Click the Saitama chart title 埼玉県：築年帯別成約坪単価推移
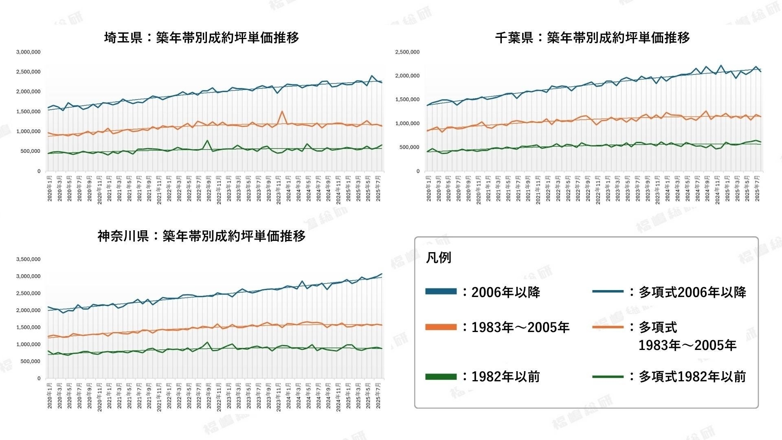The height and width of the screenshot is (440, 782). coord(202,37)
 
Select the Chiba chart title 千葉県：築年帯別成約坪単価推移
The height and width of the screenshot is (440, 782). coord(593,37)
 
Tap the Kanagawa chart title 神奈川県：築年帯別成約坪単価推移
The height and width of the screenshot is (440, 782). coord(202,236)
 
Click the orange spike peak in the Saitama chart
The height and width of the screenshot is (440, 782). coord(282,111)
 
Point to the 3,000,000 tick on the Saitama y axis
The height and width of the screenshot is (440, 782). coord(28,52)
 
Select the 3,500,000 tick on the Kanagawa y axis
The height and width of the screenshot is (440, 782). coord(28,259)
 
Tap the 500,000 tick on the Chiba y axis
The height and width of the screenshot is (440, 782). coord(409,147)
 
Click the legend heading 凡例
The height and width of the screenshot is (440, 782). coord(438,258)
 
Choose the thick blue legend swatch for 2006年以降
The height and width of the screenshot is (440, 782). coord(441,291)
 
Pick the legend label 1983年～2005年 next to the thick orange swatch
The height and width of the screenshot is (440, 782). coord(520,327)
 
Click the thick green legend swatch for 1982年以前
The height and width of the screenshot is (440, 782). coord(441,377)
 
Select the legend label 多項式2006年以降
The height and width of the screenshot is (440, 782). coord(692,292)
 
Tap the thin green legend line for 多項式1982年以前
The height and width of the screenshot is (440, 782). coord(608,377)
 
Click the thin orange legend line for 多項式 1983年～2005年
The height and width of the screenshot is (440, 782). coord(608,327)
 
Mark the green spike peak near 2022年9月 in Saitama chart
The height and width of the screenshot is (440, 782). coord(207,141)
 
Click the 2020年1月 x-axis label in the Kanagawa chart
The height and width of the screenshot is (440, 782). coord(50,396)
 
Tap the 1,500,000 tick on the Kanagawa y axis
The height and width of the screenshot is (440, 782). coord(28,328)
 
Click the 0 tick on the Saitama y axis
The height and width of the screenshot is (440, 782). coord(39,172)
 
